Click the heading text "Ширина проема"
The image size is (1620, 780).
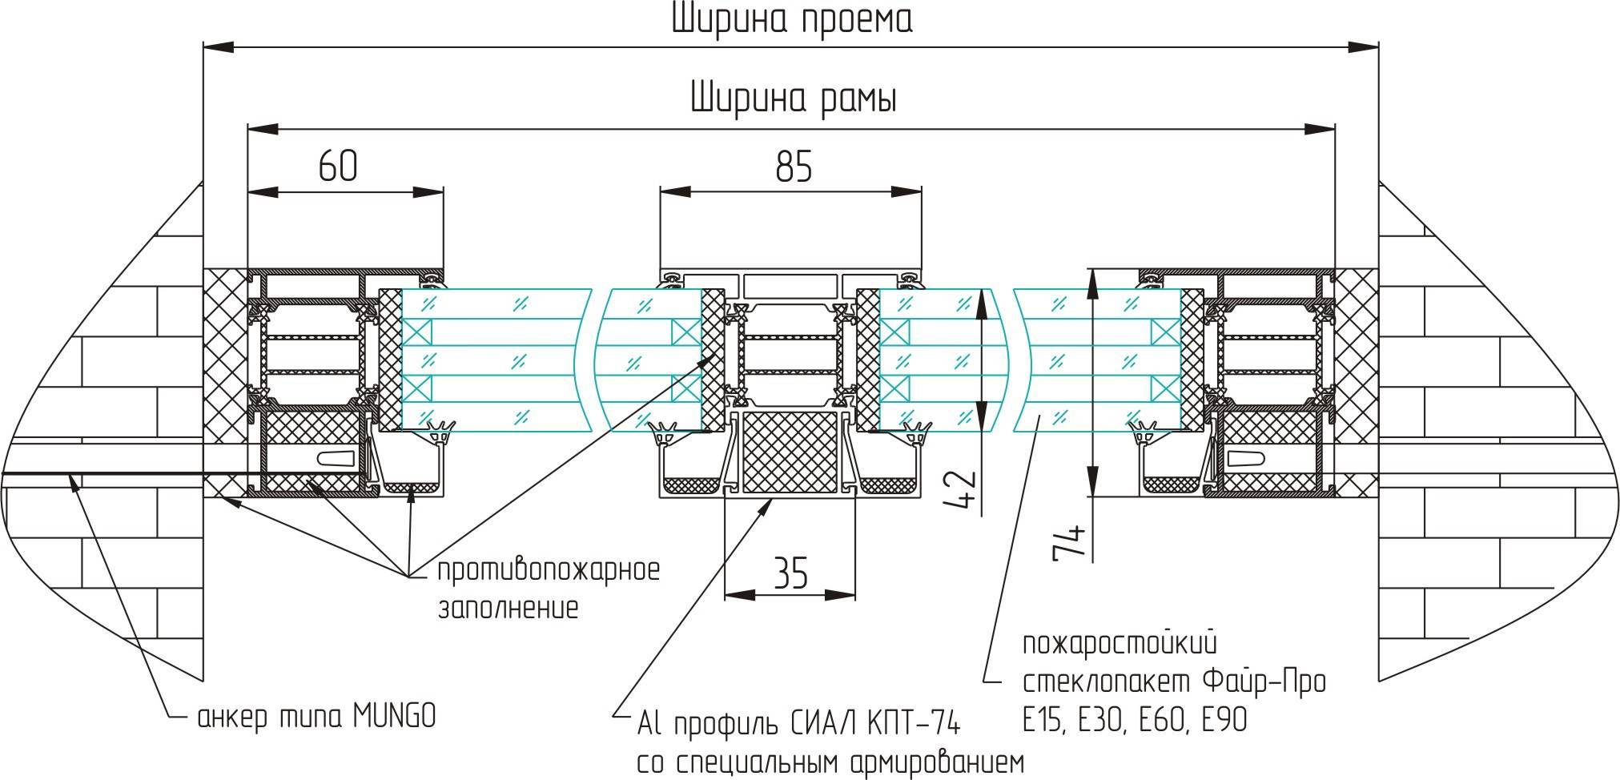coord(792,21)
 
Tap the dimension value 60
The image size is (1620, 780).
coord(338,166)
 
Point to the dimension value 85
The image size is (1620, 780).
coord(794,167)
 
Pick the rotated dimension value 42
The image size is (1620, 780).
coord(963,490)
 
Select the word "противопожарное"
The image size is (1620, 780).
coord(549,572)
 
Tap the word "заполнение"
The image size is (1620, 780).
coord(508,609)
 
